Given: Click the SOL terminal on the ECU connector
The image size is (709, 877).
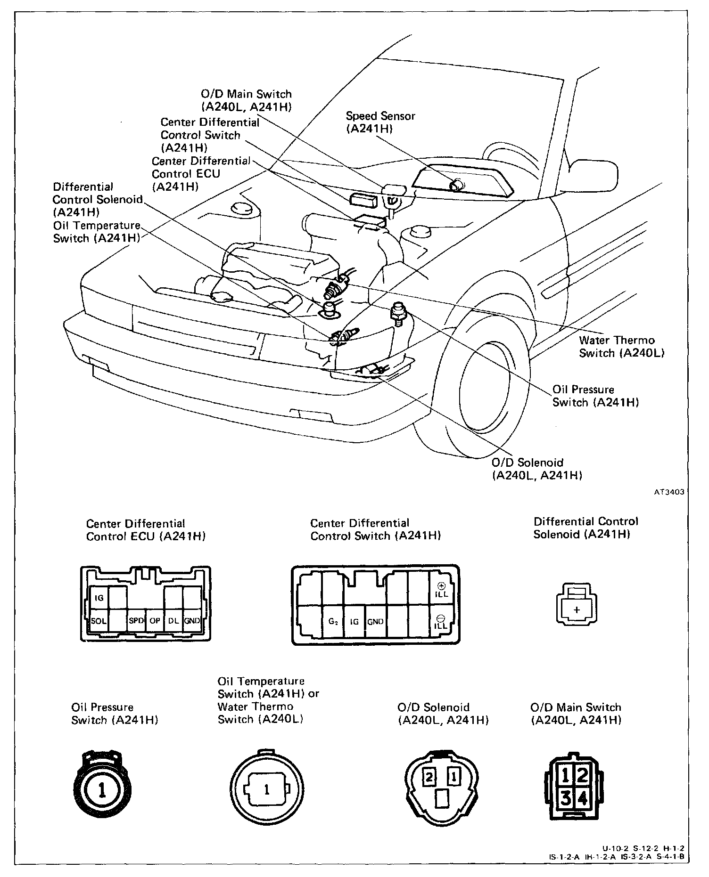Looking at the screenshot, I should pos(99,621).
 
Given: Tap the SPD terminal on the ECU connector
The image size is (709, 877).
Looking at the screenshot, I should pos(136,621).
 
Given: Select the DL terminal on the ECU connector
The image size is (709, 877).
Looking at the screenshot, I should pos(173,621).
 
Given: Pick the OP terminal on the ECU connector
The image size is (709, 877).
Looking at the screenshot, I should pos(155,621).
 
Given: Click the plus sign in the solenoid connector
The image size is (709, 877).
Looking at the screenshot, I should pos(577,610).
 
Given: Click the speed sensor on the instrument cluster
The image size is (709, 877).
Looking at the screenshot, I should pos(456,185).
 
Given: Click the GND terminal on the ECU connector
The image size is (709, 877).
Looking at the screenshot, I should pos(192,621).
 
